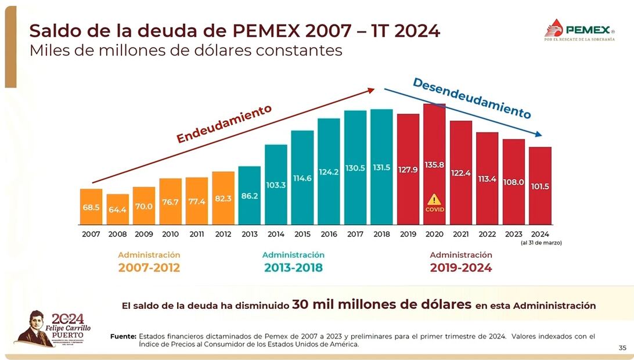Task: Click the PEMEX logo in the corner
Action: click(579, 30)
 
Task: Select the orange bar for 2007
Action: click(91, 207)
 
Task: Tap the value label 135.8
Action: click(434, 165)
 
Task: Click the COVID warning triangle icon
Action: click(434, 200)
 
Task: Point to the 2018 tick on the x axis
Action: click(381, 234)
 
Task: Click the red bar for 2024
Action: click(540, 186)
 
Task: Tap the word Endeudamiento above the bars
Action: click(224, 124)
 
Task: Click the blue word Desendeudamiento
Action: click(471, 98)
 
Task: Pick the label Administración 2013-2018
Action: click(293, 262)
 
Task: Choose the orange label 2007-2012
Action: click(149, 268)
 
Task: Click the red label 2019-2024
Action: click(460, 268)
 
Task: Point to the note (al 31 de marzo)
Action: click(541, 242)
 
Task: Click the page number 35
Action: click(622, 348)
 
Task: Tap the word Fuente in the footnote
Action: click(123, 336)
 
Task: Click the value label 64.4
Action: click(117, 210)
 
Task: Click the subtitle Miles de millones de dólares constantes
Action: click(186, 51)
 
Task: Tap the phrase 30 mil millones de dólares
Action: click(381, 304)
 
